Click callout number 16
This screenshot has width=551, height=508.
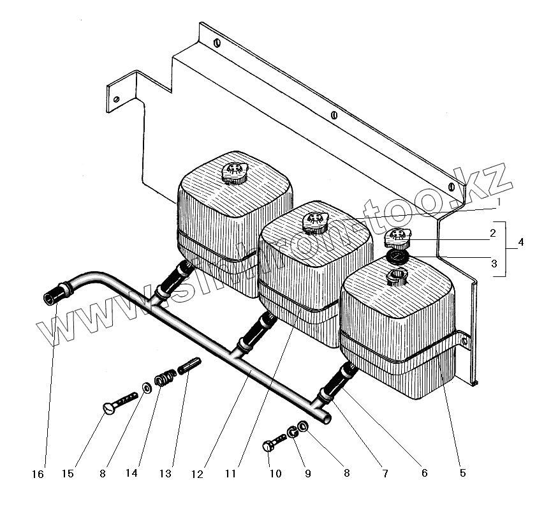click(39, 474)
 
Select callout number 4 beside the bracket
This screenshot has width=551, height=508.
click(522, 243)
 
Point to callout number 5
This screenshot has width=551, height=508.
click(462, 474)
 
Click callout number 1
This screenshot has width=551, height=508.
click(499, 202)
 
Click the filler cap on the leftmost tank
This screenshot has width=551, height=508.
click(236, 172)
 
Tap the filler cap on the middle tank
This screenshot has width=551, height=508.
click(314, 221)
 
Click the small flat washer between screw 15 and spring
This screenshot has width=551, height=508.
click(147, 387)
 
